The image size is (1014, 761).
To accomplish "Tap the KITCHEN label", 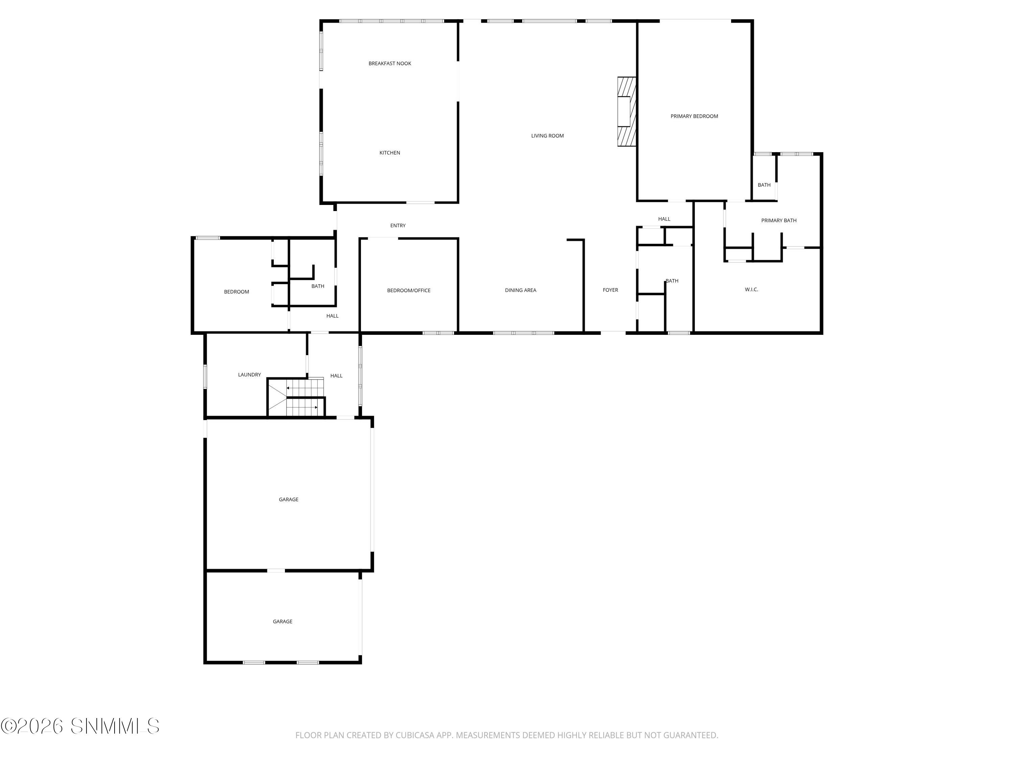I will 390,153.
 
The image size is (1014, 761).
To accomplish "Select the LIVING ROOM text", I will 547,136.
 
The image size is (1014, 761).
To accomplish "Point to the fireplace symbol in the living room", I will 626,112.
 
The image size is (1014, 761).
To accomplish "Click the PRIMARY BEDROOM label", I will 694,116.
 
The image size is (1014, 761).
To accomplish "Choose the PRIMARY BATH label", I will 778,221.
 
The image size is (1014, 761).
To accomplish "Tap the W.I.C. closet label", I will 751,290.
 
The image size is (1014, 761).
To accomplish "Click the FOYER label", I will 610,290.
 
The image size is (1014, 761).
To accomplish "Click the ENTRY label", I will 397,226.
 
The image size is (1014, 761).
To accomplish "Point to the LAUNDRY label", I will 249,375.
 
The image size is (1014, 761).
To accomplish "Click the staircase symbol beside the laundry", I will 296,398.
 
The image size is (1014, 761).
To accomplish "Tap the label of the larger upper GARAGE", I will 288,500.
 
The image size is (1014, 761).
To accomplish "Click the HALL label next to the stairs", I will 336,376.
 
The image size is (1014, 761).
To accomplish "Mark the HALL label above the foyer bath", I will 664,219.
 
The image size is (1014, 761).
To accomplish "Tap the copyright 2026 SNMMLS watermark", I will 80,726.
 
